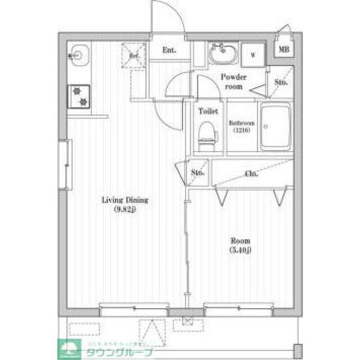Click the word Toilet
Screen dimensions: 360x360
207,111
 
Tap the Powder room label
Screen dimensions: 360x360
231,82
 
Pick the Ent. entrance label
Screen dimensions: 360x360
169,50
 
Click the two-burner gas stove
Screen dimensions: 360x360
80,96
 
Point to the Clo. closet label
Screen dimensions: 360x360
251,174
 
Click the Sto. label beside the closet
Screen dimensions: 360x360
197,172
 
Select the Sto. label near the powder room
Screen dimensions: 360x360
281,82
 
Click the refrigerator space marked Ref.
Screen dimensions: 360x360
134,55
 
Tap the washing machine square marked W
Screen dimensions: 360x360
253,55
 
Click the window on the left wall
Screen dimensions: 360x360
66,164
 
